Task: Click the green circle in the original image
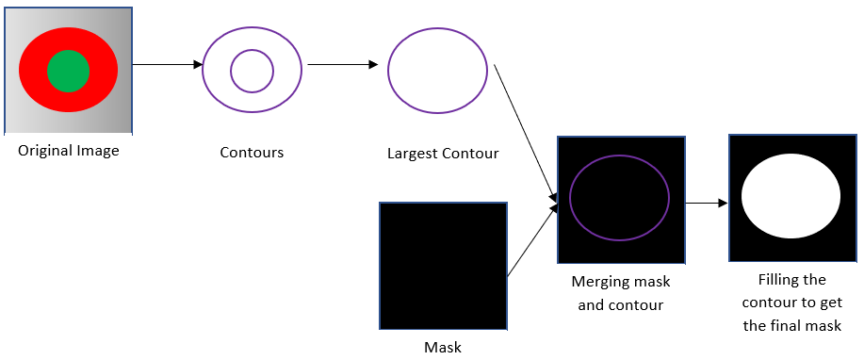point(68,71)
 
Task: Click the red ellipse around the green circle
point(33,71)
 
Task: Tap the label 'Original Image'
point(69,150)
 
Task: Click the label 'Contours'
point(252,152)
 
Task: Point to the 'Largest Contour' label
point(443,153)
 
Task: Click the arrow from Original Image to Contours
point(168,65)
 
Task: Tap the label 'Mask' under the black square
point(443,348)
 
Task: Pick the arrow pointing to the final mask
point(707,203)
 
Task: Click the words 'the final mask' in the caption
point(791,326)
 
